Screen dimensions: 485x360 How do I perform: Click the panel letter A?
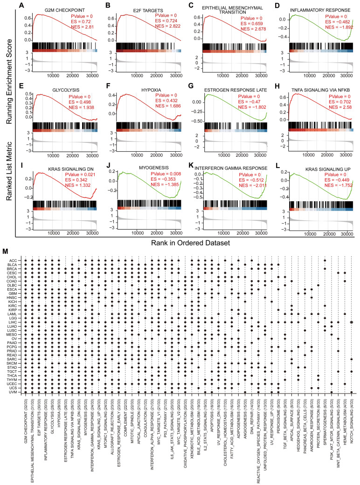[22, 5]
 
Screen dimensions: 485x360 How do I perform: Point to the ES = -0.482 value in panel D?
[334, 21]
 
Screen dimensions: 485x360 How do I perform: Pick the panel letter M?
[18, 252]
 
